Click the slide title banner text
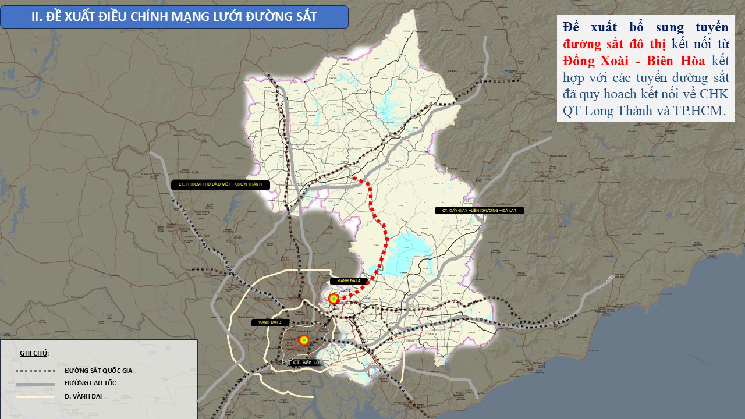[x=174, y=16]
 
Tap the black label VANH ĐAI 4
[x=349, y=281]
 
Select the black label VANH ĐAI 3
[x=270, y=322]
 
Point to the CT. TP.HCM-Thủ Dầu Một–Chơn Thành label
[x=217, y=184]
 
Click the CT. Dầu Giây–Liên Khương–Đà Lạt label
[x=480, y=210]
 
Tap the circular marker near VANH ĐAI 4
[x=334, y=299]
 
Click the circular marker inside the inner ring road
[x=303, y=340]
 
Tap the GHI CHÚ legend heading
[x=34, y=353]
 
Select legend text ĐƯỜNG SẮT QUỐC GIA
[x=98, y=370]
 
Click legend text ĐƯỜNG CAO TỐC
[x=90, y=384]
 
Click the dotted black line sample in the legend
[x=35, y=371]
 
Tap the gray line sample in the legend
[x=35, y=384]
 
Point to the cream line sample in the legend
[x=35, y=397]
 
